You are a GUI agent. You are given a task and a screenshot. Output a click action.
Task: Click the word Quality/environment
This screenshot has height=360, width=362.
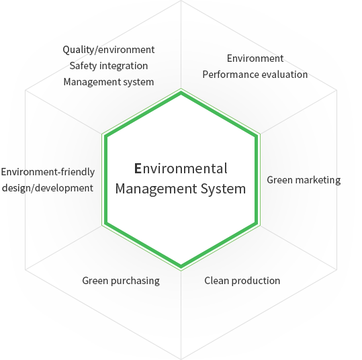click(x=109, y=50)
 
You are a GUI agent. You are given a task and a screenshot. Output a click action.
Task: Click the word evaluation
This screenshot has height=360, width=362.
click(x=285, y=75)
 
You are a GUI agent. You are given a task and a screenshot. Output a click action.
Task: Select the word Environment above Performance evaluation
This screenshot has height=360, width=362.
click(x=255, y=58)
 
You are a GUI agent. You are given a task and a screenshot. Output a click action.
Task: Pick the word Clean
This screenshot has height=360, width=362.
click(x=216, y=281)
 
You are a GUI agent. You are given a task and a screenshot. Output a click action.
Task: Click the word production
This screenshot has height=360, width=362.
click(x=256, y=281)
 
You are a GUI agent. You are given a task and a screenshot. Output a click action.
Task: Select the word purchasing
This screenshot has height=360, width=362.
click(x=135, y=281)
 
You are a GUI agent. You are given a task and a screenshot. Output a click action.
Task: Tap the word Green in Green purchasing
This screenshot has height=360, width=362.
click(x=95, y=281)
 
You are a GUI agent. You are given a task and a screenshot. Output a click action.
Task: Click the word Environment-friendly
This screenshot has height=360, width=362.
click(x=48, y=172)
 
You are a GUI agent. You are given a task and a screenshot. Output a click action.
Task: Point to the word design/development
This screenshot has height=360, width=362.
click(x=48, y=188)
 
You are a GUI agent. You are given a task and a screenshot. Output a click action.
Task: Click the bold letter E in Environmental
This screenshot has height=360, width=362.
click(x=138, y=169)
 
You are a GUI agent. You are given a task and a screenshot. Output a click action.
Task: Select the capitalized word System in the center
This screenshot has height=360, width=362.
click(x=223, y=189)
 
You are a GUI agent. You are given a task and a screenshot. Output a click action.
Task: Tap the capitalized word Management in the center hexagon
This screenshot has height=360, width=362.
click(x=156, y=189)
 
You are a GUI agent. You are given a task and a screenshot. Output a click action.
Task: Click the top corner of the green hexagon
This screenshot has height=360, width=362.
click(x=181, y=93)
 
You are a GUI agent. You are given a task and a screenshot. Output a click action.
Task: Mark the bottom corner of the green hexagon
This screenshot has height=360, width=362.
click(x=181, y=267)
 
